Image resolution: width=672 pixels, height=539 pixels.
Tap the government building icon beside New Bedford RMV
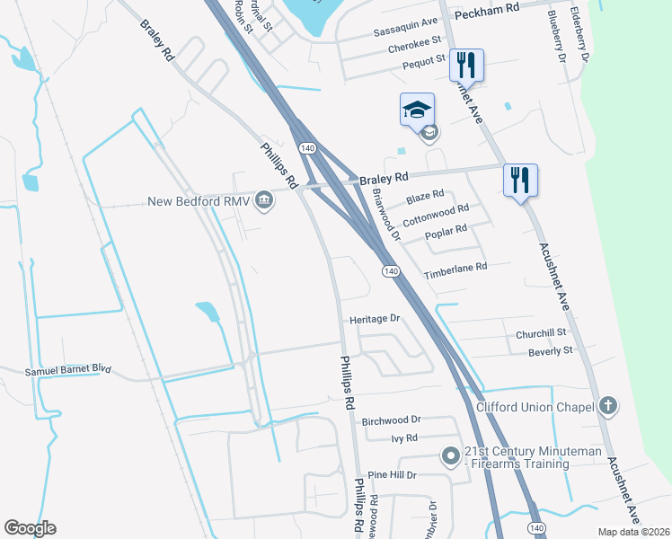pyautogui.click(x=265, y=199)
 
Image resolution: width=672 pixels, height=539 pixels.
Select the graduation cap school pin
pyautogui.click(x=417, y=110)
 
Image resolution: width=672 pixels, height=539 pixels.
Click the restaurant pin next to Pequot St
pyautogui.click(x=466, y=65)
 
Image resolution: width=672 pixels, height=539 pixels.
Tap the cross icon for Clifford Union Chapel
pyautogui.click(x=608, y=406)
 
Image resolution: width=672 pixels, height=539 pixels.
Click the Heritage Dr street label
pyautogui.click(x=375, y=319)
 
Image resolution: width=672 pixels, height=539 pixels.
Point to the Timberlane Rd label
pyautogui.click(x=455, y=267)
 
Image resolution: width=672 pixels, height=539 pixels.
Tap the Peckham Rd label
pyautogui.click(x=487, y=7)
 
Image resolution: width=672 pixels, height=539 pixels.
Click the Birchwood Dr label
pyautogui.click(x=391, y=420)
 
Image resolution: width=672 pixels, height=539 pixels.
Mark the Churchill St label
pyautogui.click(x=539, y=332)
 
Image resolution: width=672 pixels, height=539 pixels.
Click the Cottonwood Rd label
pyautogui.click(x=436, y=214)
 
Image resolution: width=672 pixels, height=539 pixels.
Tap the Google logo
pyautogui.click(x=30, y=528)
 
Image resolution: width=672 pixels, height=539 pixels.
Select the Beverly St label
pyautogui.click(x=551, y=351)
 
